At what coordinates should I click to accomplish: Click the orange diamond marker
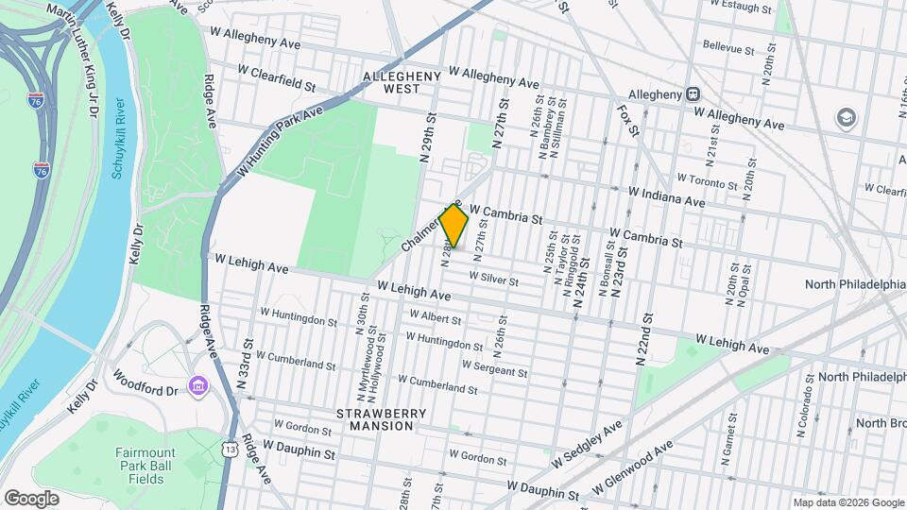(453, 226)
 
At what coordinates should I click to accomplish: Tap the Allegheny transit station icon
(693, 94)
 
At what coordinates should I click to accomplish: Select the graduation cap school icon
(845, 118)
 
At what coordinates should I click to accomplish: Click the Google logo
(31, 498)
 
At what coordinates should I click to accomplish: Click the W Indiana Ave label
(667, 196)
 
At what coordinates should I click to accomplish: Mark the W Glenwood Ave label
(632, 469)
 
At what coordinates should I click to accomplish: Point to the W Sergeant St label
(494, 369)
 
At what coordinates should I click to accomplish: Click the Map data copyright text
(847, 502)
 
